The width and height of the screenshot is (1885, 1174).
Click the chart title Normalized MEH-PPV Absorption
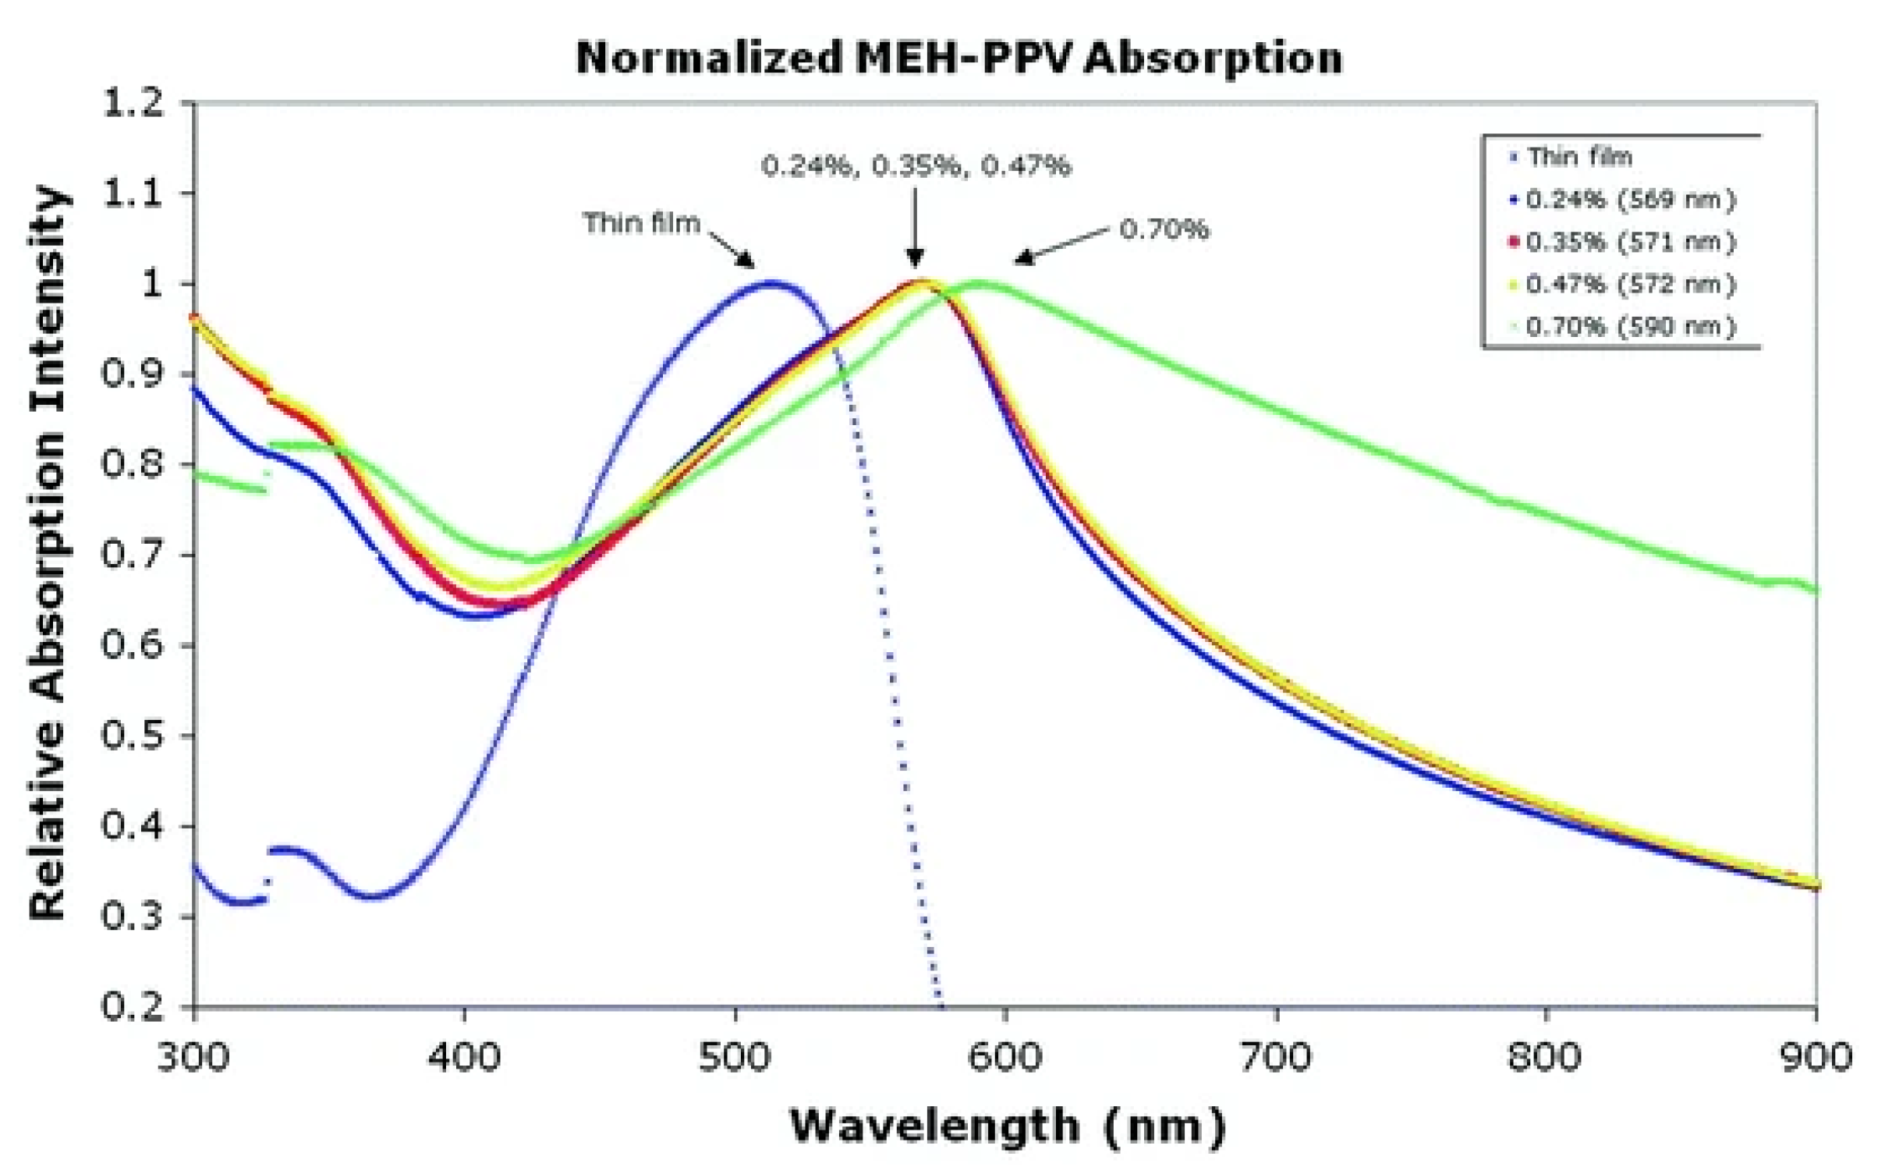[959, 58]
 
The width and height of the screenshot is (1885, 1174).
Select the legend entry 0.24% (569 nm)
[1630, 200]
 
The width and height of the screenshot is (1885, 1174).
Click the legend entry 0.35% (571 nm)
[1630, 242]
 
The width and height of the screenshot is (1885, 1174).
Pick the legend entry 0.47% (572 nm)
[1630, 284]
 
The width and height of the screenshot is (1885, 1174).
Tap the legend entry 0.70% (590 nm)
[1630, 326]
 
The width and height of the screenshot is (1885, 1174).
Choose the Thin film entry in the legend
[1579, 157]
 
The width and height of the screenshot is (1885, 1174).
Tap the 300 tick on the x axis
[193, 1058]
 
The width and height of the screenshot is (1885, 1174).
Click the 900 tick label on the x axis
[1816, 1058]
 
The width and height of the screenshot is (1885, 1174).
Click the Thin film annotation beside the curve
[641, 223]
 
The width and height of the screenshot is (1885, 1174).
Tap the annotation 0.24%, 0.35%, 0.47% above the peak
[916, 165]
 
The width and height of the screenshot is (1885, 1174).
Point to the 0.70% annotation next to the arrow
[1164, 229]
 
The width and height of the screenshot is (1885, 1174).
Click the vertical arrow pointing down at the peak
[916, 226]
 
